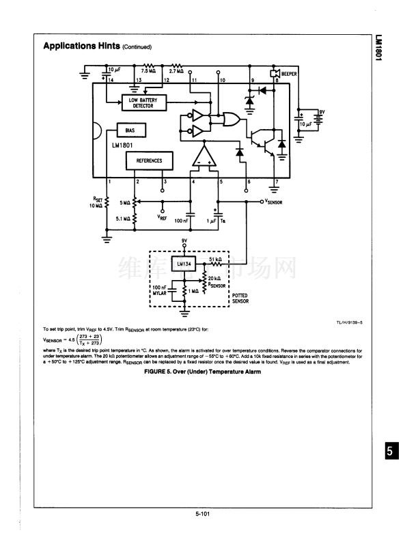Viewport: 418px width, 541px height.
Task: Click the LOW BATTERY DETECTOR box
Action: pyautogui.click(x=141, y=103)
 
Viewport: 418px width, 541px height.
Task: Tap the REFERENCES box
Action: pyautogui.click(x=148, y=160)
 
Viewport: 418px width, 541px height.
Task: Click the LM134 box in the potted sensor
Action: pyautogui.click(x=184, y=264)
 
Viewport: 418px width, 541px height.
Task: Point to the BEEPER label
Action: pyautogui.click(x=289, y=73)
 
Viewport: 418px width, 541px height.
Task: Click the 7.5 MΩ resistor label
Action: pyautogui.click(x=148, y=71)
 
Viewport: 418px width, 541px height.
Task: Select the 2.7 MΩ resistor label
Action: pyautogui.click(x=176, y=71)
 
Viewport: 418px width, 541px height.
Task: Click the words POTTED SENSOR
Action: pyautogui.click(x=240, y=298)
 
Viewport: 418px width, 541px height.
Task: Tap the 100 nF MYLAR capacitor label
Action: pyautogui.click(x=160, y=290)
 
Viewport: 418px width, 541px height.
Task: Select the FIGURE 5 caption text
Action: pyautogui.click(x=202, y=372)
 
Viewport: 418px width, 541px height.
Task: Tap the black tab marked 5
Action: pyautogui.click(x=389, y=452)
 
